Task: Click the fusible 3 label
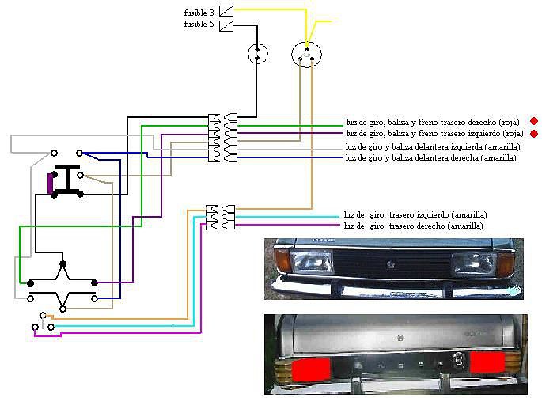[x=199, y=13]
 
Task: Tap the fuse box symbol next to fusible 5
[x=226, y=26]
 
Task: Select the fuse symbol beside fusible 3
[x=226, y=11]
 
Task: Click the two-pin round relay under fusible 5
[x=257, y=54]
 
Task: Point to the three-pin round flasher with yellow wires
[x=306, y=55]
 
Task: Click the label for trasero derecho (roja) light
[x=433, y=122]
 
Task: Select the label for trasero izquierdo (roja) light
[x=434, y=133]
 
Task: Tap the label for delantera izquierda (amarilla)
[x=433, y=146]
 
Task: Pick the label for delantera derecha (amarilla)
[x=430, y=157]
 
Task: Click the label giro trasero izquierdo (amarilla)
[x=415, y=214]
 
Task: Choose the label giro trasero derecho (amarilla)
[x=413, y=226]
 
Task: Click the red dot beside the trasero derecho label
[x=534, y=121]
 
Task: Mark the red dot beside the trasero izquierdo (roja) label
[x=534, y=133]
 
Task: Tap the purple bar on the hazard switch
[x=50, y=184]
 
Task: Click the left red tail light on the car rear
[x=311, y=370]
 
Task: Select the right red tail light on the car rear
[x=487, y=362]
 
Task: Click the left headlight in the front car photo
[x=311, y=261]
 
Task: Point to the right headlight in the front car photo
[x=474, y=263]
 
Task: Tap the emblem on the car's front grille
[x=391, y=265]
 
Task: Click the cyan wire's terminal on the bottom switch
[x=51, y=327]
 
